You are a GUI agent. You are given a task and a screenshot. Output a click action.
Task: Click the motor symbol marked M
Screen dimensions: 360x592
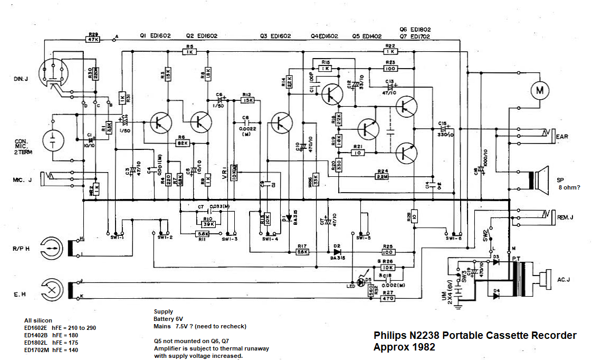tap(539, 90)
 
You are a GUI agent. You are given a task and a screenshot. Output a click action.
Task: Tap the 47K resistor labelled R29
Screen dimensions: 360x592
tap(93, 39)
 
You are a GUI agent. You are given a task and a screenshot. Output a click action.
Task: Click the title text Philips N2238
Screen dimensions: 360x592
tap(475, 336)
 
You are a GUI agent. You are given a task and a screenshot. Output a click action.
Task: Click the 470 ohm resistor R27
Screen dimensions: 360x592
tap(388, 298)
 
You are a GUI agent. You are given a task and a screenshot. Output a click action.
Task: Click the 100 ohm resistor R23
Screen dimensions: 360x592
tap(390, 68)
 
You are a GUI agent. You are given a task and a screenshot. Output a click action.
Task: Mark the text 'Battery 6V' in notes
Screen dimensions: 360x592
tap(168, 319)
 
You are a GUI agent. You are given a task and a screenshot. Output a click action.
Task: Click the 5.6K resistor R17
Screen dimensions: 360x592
tap(302, 251)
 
